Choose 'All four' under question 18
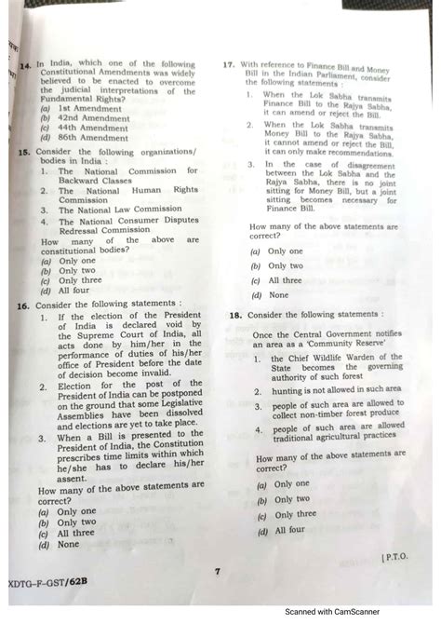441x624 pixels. [x=288, y=529]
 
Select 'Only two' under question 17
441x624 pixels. [x=285, y=265]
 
